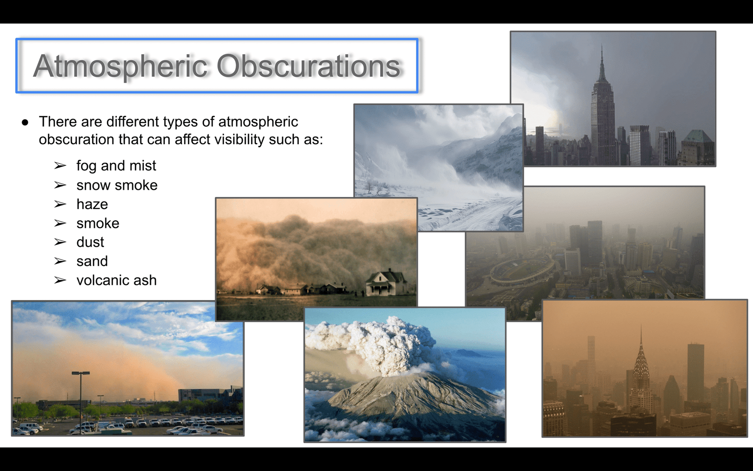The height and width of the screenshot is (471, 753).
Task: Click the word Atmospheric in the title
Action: tap(120, 66)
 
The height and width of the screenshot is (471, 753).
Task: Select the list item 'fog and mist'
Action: tap(116, 166)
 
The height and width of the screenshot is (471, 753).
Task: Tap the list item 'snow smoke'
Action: tap(117, 185)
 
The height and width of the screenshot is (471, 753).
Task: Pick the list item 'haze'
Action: tap(92, 204)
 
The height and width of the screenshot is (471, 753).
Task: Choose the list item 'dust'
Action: tap(90, 242)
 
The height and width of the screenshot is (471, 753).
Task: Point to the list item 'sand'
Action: tap(92, 261)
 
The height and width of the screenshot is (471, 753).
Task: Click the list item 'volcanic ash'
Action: tap(117, 280)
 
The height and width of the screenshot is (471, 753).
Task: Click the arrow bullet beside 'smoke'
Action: tap(60, 223)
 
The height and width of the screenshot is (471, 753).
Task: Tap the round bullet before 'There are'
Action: tap(25, 122)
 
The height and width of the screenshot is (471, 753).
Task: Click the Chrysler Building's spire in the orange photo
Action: tap(641, 340)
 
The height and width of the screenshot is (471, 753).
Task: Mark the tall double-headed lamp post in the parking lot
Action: tap(80, 400)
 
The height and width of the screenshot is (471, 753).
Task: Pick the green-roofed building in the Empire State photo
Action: tap(698, 147)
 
